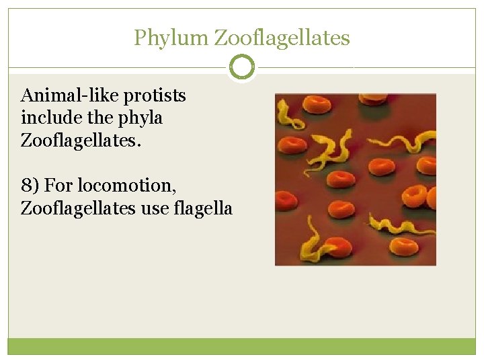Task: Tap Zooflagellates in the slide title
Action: (x=282, y=38)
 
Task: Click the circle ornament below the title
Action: (x=242, y=67)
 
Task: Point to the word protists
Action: (x=153, y=96)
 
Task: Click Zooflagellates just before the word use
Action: (x=78, y=208)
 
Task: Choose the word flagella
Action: (x=203, y=208)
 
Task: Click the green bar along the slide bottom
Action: (x=242, y=346)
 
